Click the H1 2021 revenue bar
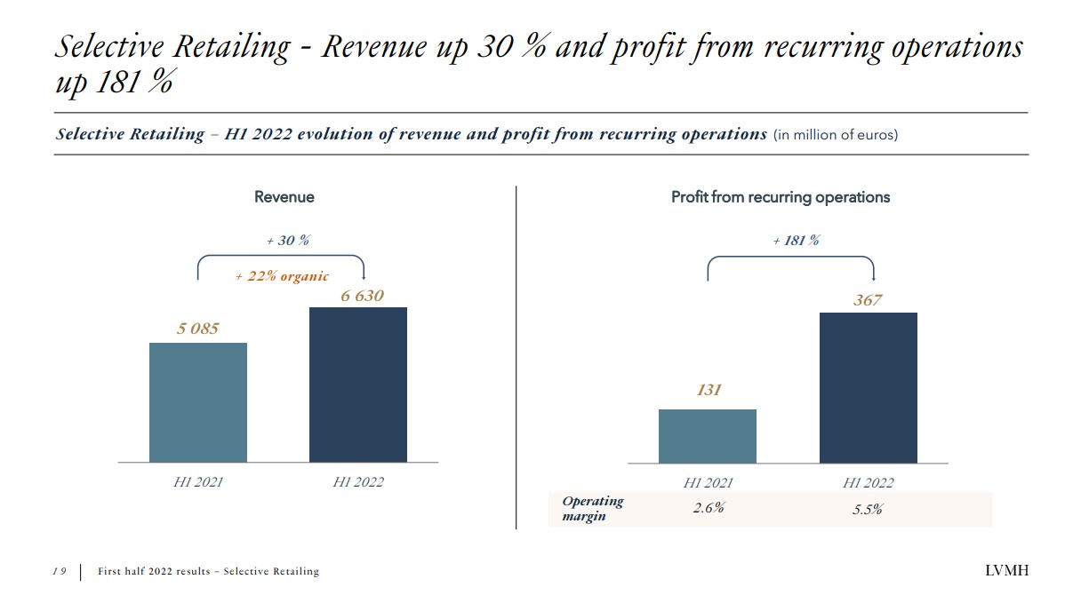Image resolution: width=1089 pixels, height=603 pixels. pyautogui.click(x=197, y=401)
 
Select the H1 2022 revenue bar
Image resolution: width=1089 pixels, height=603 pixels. pyautogui.click(x=357, y=384)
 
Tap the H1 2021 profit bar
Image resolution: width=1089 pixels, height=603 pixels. pyautogui.click(x=707, y=435)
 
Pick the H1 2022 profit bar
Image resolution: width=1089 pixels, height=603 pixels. pyautogui.click(x=868, y=387)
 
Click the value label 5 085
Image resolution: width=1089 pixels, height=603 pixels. pyautogui.click(x=197, y=329)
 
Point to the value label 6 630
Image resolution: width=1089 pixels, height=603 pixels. pyautogui.click(x=362, y=296)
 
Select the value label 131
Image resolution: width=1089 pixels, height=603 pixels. pyautogui.click(x=709, y=390)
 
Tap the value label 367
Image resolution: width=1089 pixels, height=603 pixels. pyautogui.click(x=868, y=300)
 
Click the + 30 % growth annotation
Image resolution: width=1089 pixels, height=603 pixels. pyautogui.click(x=288, y=241)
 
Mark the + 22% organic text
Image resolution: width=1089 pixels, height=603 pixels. pyautogui.click(x=282, y=276)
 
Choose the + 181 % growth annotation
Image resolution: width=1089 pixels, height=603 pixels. pyautogui.click(x=796, y=241)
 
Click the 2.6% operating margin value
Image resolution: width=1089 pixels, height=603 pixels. pyautogui.click(x=709, y=509)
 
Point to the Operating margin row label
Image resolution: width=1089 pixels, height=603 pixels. pyautogui.click(x=593, y=508)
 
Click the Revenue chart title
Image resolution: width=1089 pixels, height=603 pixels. pyautogui.click(x=284, y=197)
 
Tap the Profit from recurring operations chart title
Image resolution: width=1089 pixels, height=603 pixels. pyautogui.click(x=780, y=197)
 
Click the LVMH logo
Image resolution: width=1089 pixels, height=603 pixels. pyautogui.click(x=1006, y=571)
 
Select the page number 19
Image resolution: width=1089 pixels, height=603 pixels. pyautogui.click(x=59, y=571)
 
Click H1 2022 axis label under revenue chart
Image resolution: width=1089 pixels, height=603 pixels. pyautogui.click(x=358, y=482)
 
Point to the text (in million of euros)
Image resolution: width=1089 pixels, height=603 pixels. pyautogui.click(x=835, y=135)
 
